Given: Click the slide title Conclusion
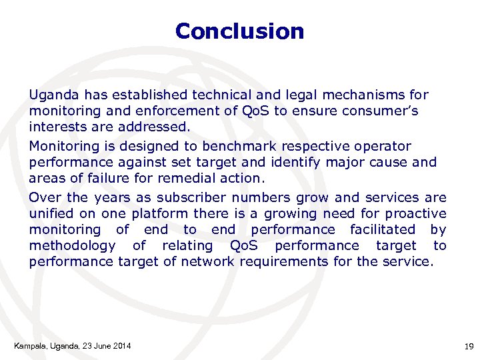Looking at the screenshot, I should [239, 31].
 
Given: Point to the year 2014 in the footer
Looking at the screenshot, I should [121, 345].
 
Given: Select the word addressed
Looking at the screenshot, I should [150, 127].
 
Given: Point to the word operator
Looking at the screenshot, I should [387, 146].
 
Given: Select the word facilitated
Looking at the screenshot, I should [385, 229].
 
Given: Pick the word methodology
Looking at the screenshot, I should [72, 245].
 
